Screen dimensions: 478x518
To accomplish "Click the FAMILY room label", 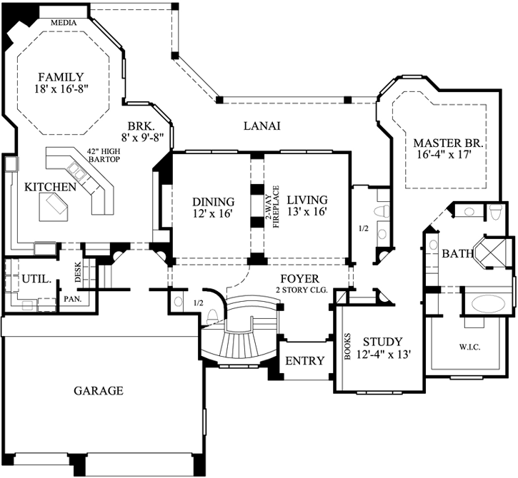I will [x=61, y=77].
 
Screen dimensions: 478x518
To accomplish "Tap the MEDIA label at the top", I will [x=64, y=22].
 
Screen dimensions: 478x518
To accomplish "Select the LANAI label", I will [x=262, y=126].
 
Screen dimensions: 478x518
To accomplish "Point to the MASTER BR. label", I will [x=449, y=143].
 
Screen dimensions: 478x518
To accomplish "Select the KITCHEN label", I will [x=50, y=187].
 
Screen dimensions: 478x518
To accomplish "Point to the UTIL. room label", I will [x=34, y=280].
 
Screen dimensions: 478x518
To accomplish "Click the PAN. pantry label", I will [x=72, y=298].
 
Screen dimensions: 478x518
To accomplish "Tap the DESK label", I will [x=79, y=271].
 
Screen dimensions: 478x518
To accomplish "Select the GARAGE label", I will [x=99, y=390].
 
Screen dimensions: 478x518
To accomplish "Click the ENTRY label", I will [x=304, y=361].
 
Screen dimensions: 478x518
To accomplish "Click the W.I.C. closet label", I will [x=469, y=349].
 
